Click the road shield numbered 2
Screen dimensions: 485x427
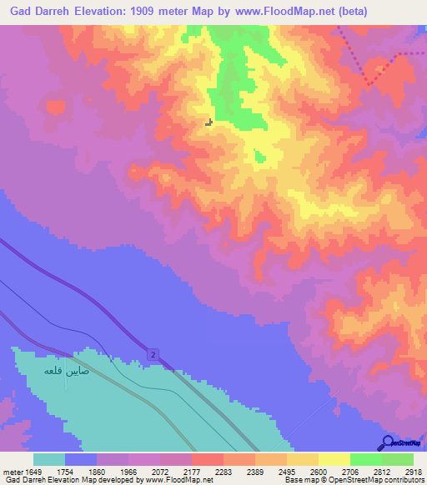153,355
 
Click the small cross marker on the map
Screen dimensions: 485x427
208,122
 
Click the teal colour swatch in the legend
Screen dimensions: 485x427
49,459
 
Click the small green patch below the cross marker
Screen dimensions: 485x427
259,156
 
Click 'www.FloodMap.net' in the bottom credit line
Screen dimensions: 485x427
178,479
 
